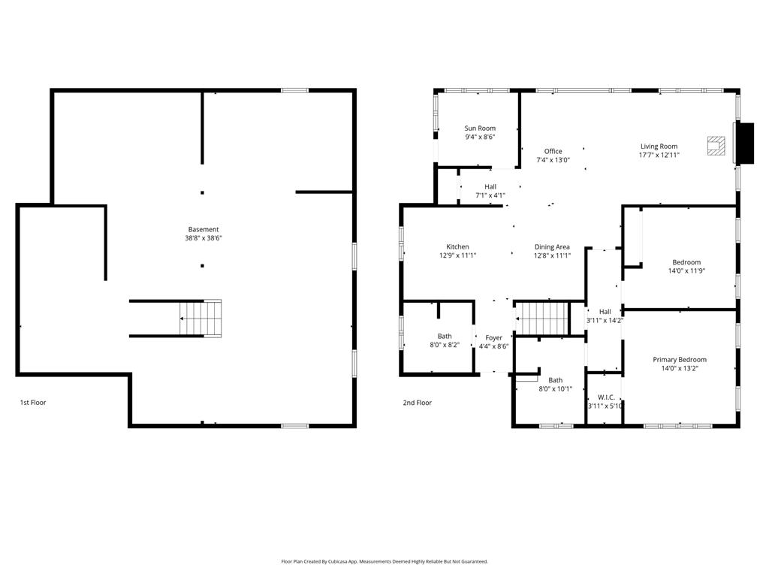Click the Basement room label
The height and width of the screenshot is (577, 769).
click(204, 229)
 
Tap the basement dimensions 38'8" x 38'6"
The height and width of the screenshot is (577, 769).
click(204, 238)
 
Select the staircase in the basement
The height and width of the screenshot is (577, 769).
click(201, 318)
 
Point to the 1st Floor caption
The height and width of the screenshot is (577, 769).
click(33, 403)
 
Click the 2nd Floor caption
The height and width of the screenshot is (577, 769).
click(418, 403)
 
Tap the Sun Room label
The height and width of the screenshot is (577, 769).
click(480, 128)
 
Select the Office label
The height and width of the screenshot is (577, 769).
click(553, 151)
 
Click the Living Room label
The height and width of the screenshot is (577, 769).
click(659, 147)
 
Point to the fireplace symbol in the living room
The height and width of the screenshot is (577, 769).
click(716, 145)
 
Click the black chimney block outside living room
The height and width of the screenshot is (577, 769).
click(744, 143)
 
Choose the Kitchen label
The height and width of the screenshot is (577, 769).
click(457, 246)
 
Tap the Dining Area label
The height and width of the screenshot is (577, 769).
click(552, 246)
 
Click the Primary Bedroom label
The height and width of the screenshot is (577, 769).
click(679, 359)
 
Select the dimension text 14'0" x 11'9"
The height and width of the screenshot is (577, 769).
click(686, 271)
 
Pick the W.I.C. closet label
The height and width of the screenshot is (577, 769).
click(605, 397)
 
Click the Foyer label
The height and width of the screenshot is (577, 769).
click(493, 337)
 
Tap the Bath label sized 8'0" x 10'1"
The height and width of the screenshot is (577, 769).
click(555, 380)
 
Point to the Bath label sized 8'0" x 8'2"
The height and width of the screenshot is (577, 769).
click(445, 336)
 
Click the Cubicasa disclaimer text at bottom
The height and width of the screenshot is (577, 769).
click(384, 561)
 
